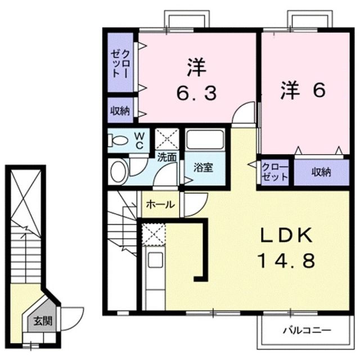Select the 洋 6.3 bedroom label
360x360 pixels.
(x=195, y=82)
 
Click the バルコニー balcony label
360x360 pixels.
(x=307, y=330)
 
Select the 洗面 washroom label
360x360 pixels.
(x=166, y=157)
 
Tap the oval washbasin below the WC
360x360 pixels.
(x=118, y=171)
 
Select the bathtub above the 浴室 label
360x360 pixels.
(x=205, y=140)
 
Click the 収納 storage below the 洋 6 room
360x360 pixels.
(x=321, y=172)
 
